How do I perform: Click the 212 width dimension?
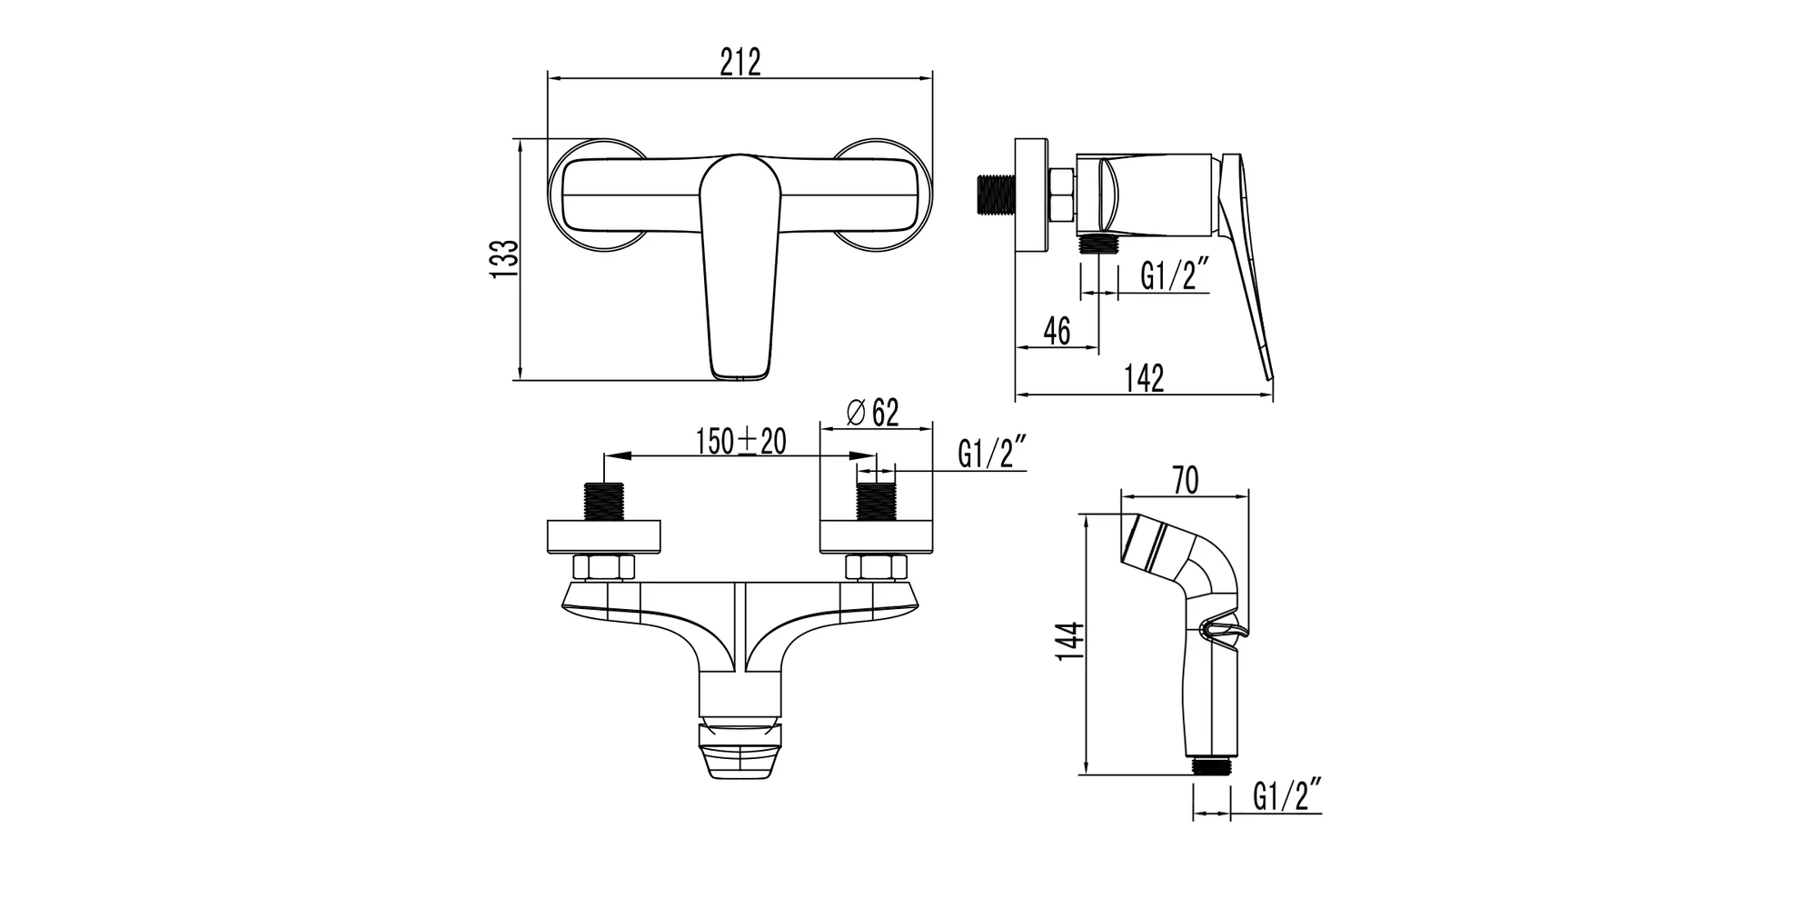(740, 63)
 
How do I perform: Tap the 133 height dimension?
(505, 258)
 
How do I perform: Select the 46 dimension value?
(1057, 331)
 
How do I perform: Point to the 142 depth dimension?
(1144, 378)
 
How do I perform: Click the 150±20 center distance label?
(741, 442)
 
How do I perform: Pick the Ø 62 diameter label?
(872, 413)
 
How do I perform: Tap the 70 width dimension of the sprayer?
(1186, 480)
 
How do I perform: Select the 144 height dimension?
(1072, 641)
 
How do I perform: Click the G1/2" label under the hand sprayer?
(1286, 796)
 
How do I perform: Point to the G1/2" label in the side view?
(1175, 275)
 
